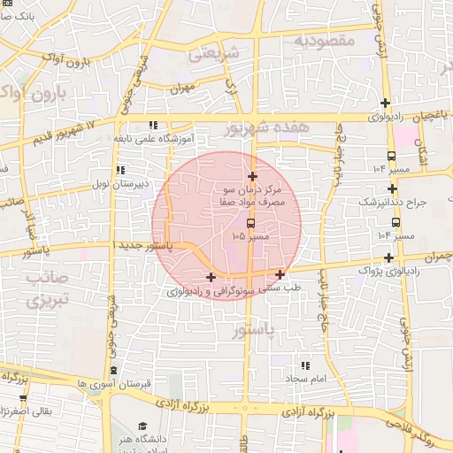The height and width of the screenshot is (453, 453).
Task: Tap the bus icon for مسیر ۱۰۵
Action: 250,222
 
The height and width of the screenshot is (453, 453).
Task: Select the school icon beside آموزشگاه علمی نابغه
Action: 153,126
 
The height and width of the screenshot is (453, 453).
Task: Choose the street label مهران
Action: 183,88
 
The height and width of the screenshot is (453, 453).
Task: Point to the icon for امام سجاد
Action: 305,365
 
